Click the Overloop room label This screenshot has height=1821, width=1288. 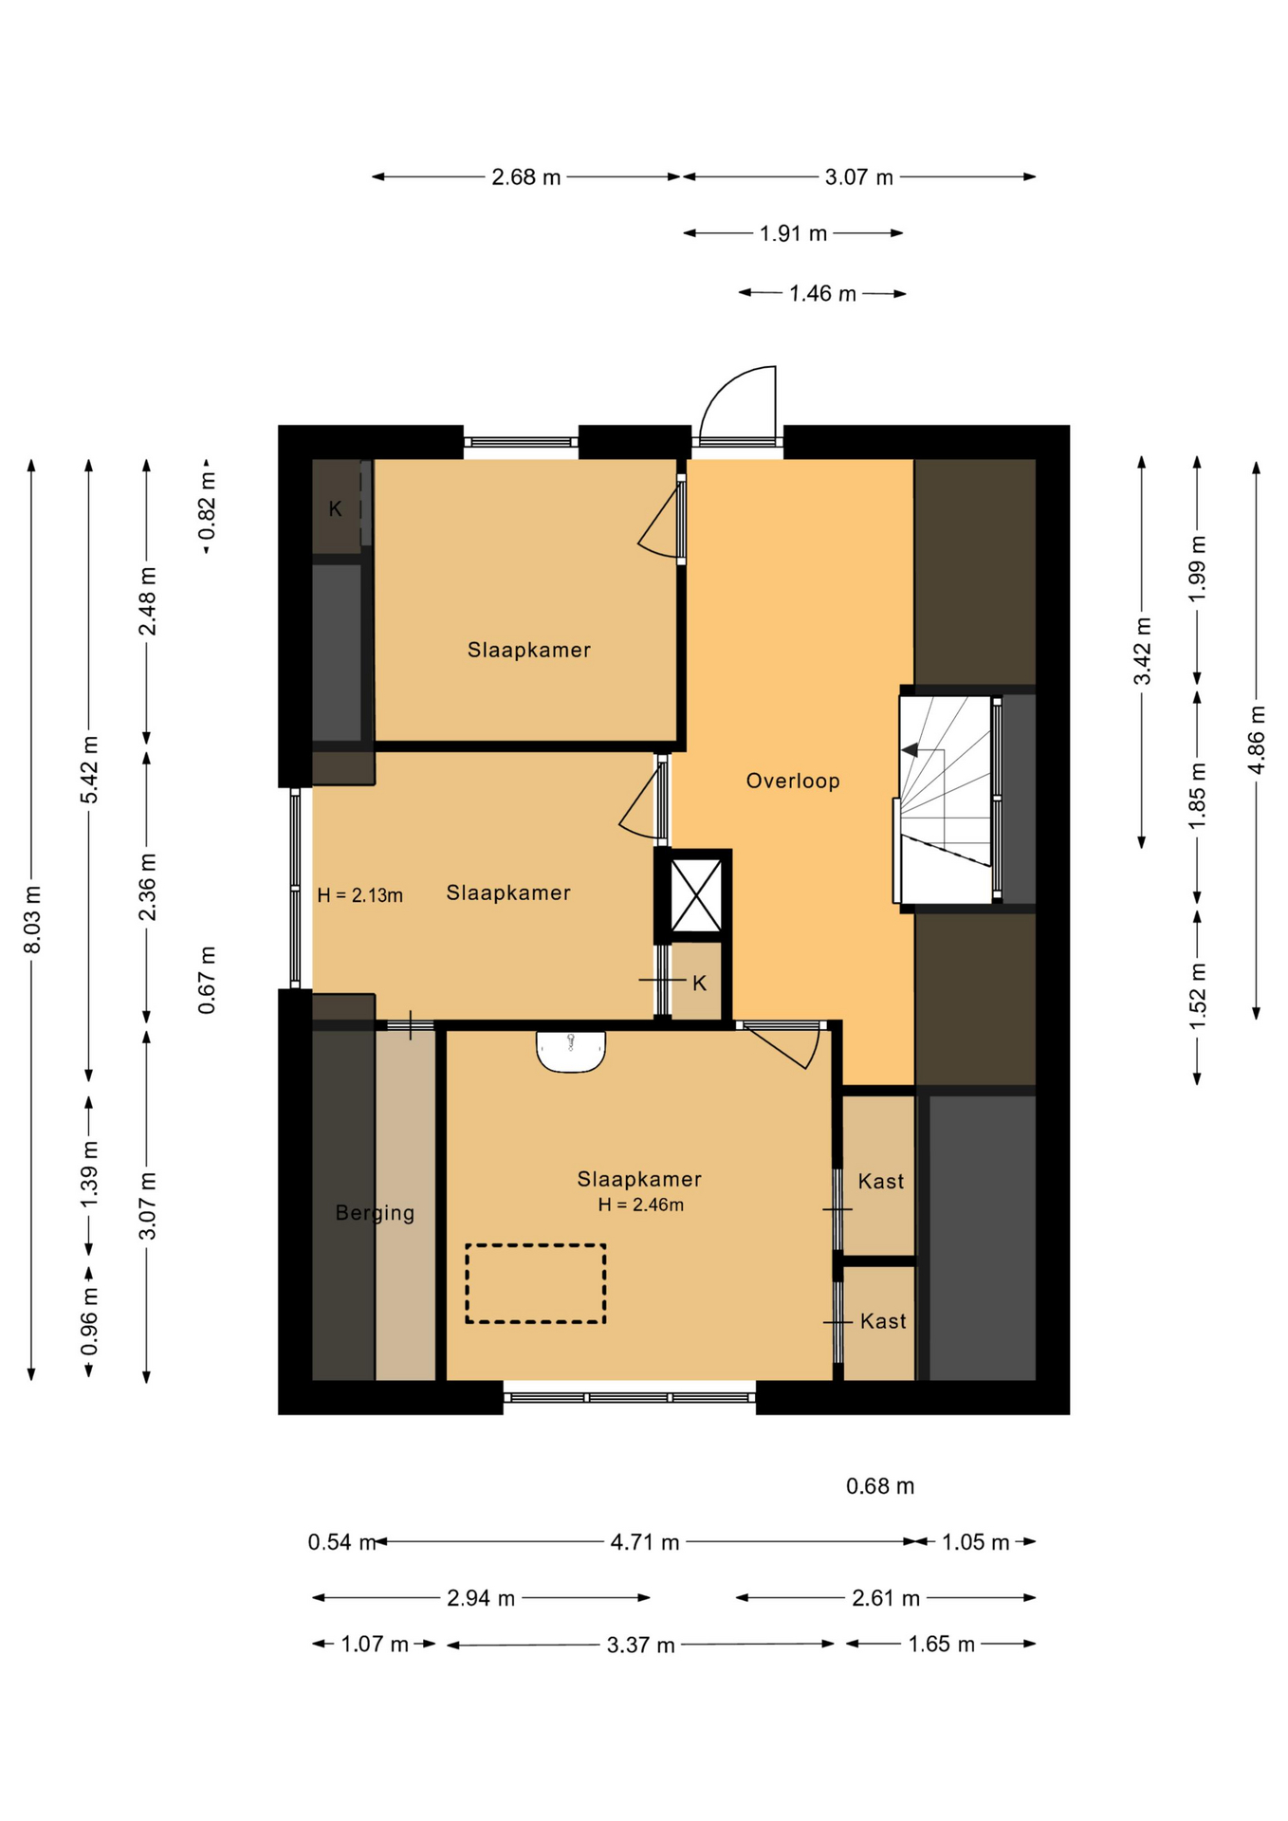(x=792, y=781)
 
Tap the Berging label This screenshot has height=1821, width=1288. (x=375, y=1213)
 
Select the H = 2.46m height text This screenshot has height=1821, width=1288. (x=640, y=1205)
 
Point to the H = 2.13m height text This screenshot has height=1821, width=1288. (x=359, y=894)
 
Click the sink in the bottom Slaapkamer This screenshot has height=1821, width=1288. (x=571, y=1051)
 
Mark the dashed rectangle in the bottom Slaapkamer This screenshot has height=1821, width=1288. (x=535, y=1283)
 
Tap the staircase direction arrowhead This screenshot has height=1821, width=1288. (x=910, y=750)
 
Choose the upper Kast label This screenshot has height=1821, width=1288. (x=881, y=1181)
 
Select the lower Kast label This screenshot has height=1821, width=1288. (x=883, y=1320)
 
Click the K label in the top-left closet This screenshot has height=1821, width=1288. (x=335, y=509)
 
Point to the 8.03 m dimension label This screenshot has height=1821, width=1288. (x=32, y=919)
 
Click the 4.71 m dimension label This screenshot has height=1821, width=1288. (x=645, y=1542)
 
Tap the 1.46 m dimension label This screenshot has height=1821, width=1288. (x=822, y=294)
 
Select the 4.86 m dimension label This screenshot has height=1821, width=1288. (x=1257, y=740)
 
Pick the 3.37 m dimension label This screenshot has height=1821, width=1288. (x=641, y=1645)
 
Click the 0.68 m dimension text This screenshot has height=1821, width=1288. (x=880, y=1486)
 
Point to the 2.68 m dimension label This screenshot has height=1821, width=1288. (x=525, y=177)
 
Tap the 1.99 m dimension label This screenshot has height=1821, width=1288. (x=1198, y=567)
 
